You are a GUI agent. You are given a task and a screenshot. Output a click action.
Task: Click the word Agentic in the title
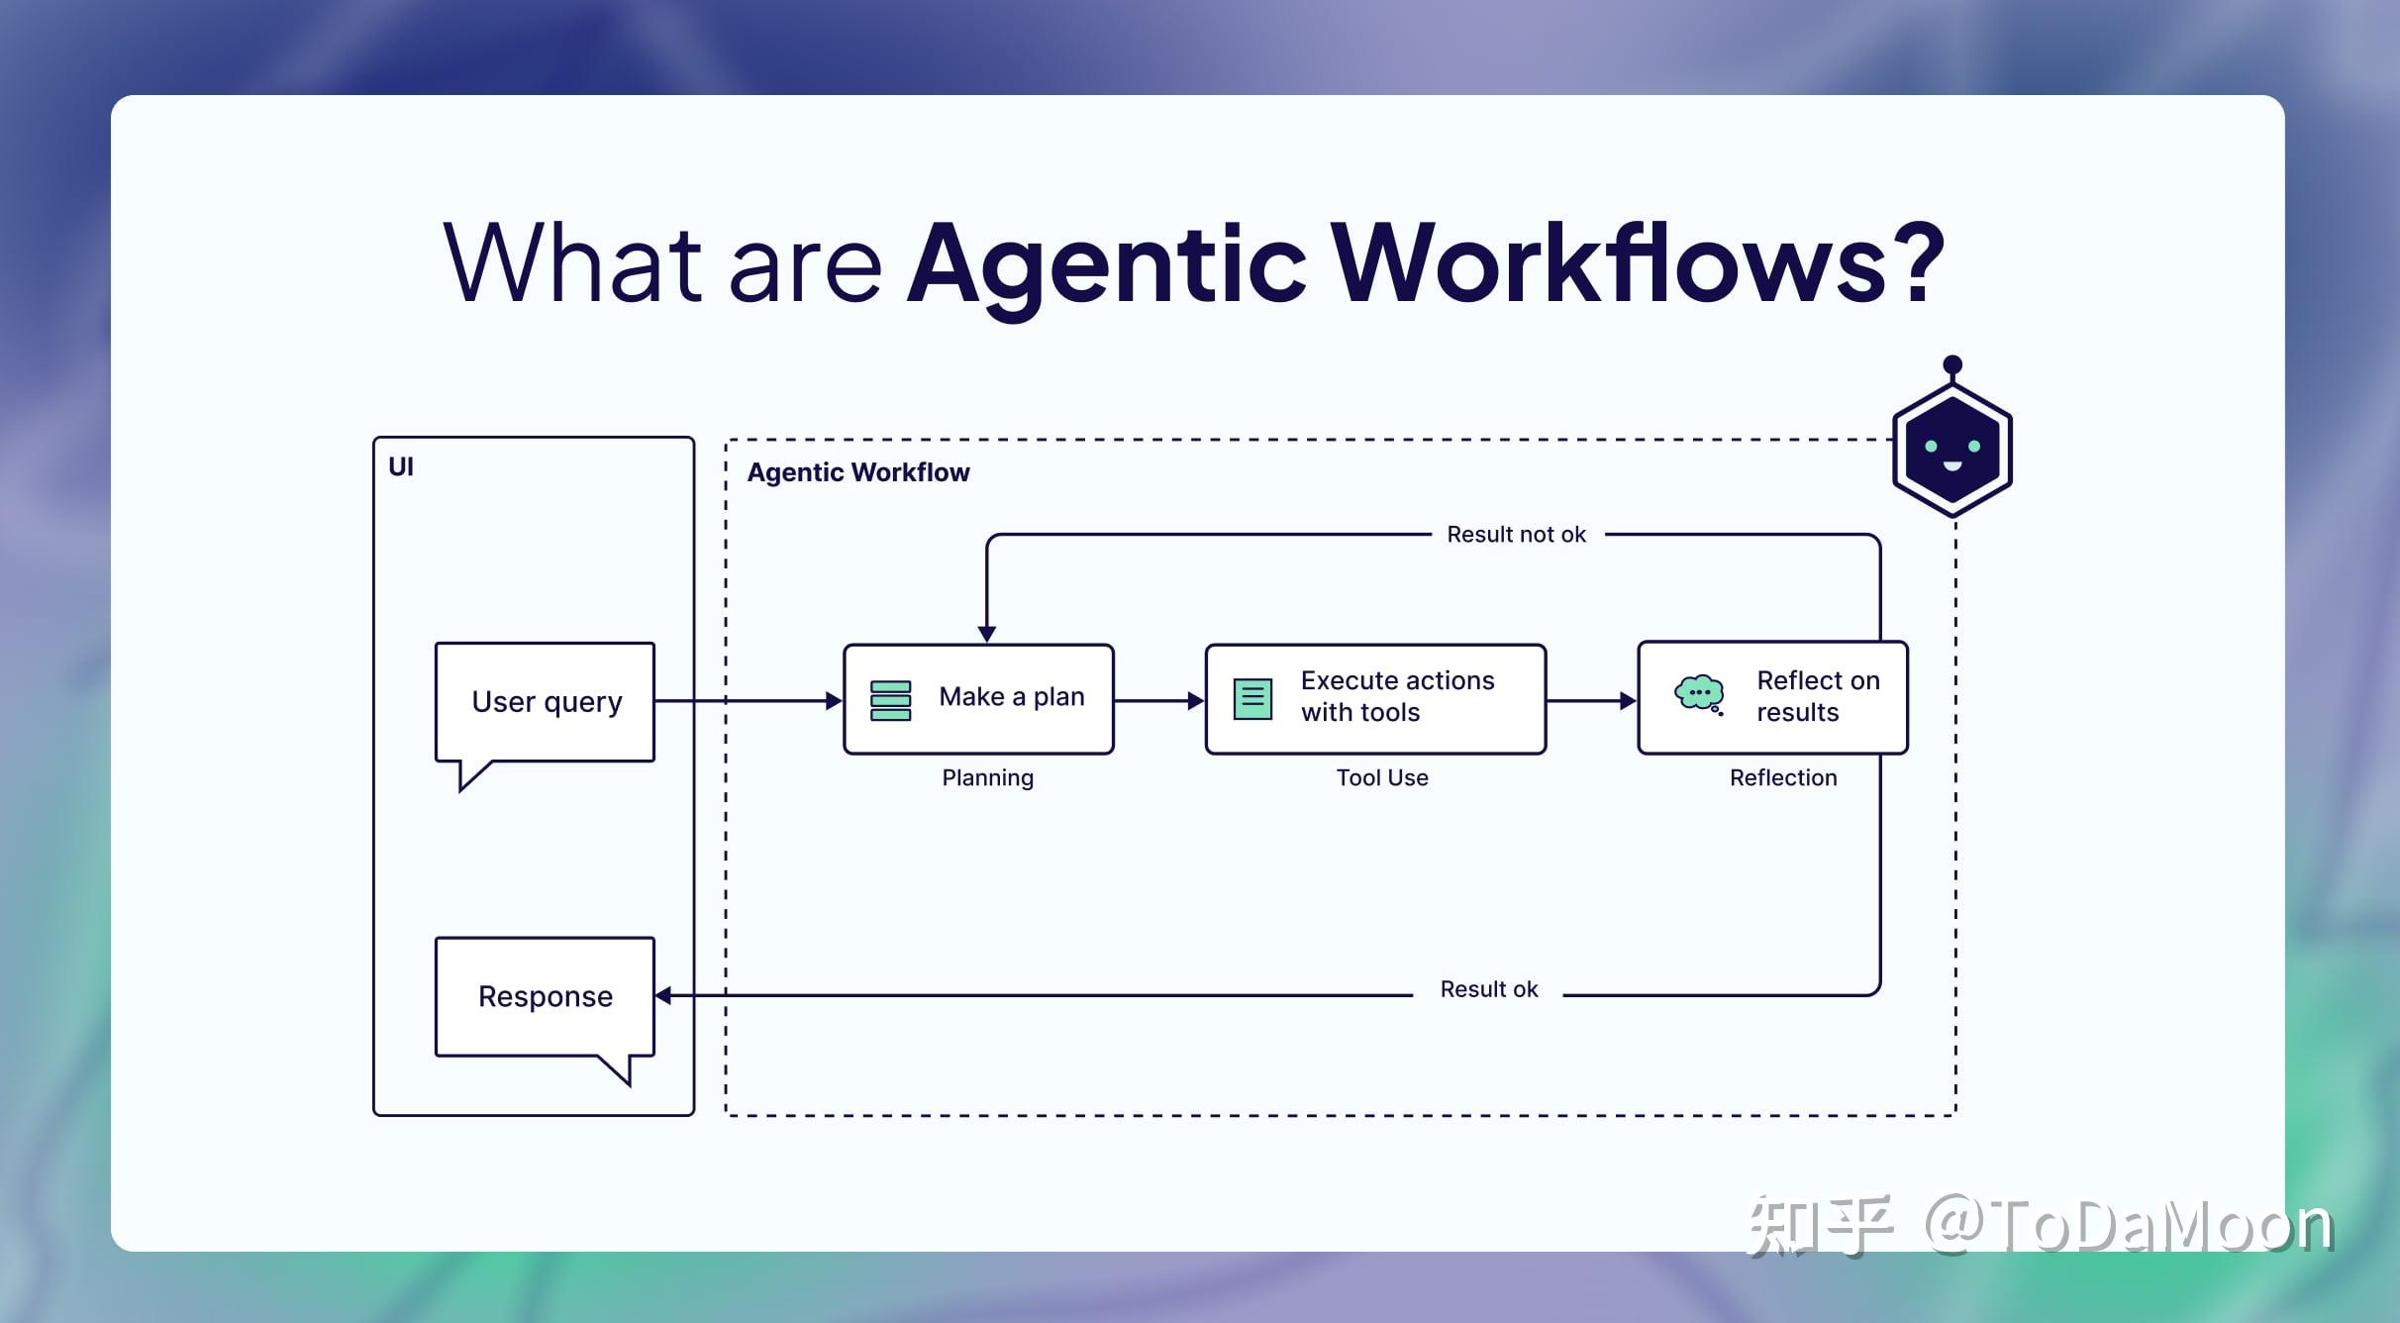coord(1107,262)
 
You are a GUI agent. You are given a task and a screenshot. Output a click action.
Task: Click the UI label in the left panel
coord(401,466)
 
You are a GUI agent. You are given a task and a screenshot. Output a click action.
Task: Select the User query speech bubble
coord(546,701)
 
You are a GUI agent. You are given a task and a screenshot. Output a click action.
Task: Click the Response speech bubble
coord(546,996)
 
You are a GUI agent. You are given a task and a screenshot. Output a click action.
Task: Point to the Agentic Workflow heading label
coord(858,472)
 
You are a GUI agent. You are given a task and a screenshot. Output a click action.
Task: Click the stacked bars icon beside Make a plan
coord(890,700)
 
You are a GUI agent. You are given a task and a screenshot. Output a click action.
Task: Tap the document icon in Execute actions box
coord(1252,699)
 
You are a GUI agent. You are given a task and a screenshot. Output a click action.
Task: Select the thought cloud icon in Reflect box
coord(1699,693)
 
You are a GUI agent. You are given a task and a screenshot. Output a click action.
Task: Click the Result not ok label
coord(1516,535)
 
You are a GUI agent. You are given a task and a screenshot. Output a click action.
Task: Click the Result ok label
coord(1488,989)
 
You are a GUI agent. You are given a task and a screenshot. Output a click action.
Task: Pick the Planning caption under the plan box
coord(987,778)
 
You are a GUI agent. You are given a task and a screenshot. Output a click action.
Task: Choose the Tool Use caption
coord(1382,778)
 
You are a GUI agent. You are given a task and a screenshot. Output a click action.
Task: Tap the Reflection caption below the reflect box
coord(1782,778)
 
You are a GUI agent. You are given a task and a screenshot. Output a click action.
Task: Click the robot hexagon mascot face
coord(1951,451)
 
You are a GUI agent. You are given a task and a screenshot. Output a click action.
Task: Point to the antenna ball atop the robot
coord(1952,364)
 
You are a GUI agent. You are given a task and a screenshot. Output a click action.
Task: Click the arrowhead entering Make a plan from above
coord(986,633)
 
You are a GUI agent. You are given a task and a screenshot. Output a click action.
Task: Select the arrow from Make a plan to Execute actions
coord(1158,700)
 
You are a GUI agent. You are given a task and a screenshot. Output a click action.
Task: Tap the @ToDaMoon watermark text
coord(2129,1226)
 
